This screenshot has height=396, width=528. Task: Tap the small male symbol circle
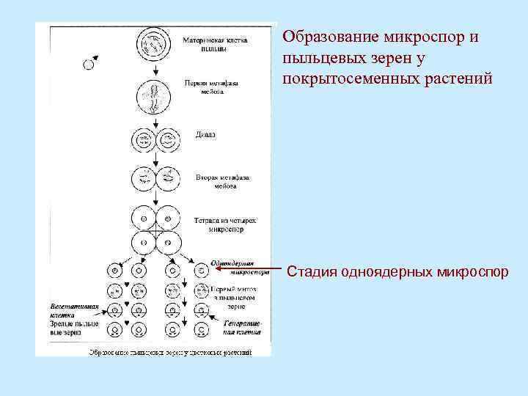click(89, 65)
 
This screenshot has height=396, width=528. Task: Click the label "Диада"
click(206, 135)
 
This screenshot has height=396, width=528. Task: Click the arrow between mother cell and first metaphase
click(155, 68)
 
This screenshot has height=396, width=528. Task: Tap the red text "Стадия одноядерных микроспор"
click(397, 272)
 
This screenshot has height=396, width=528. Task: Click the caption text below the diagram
click(170, 352)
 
